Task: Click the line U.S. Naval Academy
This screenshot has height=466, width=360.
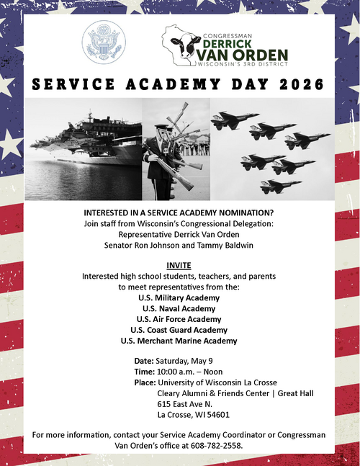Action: point(179,308)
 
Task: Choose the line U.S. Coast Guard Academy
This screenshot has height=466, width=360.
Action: point(179,329)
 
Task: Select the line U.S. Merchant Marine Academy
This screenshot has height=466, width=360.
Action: point(179,340)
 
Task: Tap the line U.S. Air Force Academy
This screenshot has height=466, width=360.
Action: point(179,318)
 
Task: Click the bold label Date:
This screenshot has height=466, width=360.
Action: point(144,360)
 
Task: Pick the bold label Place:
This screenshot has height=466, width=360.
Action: point(145,382)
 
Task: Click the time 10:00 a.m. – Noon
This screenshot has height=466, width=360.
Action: point(192,371)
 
